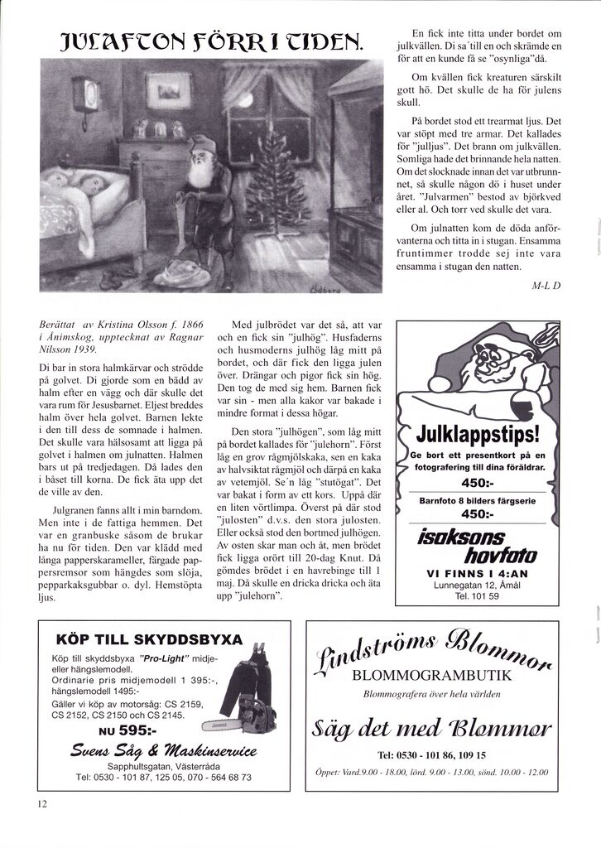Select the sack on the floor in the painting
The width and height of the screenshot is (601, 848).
[187, 269]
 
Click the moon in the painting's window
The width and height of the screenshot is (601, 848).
[247, 101]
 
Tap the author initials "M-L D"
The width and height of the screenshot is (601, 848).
[546, 287]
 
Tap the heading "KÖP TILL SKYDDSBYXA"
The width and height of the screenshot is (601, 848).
[149, 640]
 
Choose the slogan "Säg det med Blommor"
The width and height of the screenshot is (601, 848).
[431, 730]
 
